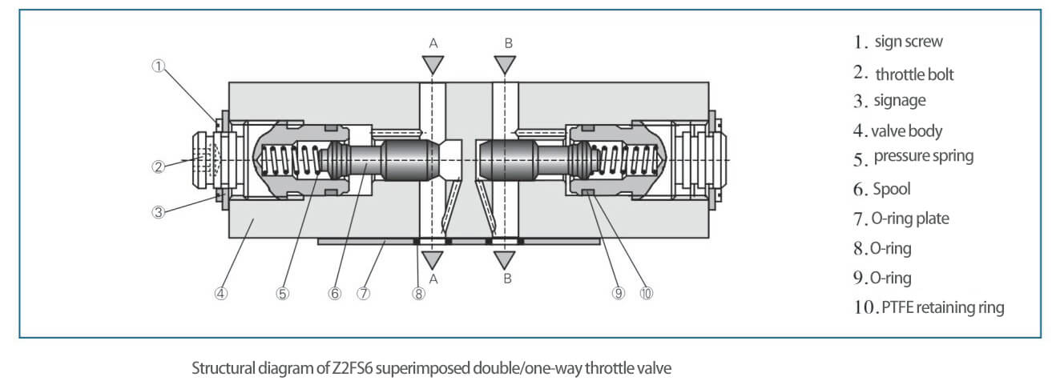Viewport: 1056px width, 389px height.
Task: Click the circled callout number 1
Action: tap(159, 66)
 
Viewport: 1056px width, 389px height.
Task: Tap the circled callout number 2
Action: tap(159, 166)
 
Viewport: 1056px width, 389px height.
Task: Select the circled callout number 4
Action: tap(220, 294)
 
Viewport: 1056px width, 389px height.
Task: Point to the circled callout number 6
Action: tap(335, 294)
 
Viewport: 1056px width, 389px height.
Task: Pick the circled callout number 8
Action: tap(418, 294)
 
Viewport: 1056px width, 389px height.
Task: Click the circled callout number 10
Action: tap(647, 294)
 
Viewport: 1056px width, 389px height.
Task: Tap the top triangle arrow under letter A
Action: tap(433, 65)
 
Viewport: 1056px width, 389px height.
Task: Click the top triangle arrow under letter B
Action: tap(505, 65)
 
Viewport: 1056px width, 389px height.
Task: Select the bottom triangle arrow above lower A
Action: tap(433, 260)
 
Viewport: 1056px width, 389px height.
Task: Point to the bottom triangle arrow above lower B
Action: tap(504, 260)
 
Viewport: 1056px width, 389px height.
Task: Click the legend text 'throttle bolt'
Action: tap(914, 74)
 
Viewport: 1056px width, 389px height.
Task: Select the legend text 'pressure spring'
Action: tap(924, 156)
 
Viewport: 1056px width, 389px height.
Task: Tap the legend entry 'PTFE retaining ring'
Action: tap(943, 307)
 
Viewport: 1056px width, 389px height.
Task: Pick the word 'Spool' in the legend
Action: tap(892, 190)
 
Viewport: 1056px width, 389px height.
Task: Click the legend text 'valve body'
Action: tap(906, 131)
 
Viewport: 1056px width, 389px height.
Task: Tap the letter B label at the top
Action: tap(508, 43)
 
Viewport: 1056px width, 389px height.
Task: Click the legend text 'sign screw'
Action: tap(909, 42)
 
